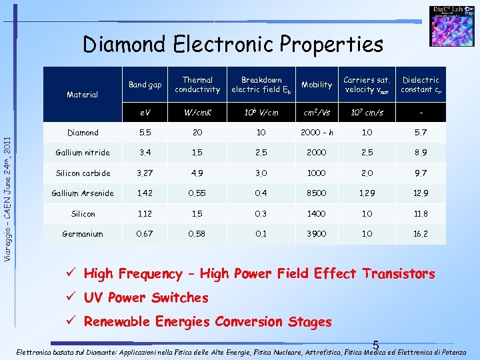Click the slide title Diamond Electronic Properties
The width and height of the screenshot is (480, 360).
(233, 45)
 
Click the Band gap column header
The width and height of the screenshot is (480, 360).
(145, 85)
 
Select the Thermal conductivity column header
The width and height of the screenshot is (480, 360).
(197, 85)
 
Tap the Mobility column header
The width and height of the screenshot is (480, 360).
(317, 85)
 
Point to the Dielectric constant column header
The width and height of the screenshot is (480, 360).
(421, 85)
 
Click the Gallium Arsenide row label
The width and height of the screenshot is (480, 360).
(83, 194)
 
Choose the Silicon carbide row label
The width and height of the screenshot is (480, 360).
(83, 173)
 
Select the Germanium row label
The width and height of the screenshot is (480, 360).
(83, 235)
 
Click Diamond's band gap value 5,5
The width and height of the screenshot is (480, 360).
(145, 133)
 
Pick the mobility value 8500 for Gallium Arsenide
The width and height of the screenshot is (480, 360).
(317, 194)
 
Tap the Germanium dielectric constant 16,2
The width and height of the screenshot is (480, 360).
(421, 235)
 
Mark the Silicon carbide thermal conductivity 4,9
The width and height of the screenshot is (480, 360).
(197, 173)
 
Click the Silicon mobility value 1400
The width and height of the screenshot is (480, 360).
(317, 214)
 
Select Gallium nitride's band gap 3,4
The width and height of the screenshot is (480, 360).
(145, 153)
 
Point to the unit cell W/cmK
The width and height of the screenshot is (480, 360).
(197, 112)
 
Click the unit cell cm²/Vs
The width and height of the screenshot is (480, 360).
(317, 112)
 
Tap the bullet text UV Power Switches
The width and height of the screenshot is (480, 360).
(146, 297)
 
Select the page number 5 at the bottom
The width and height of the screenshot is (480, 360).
(376, 345)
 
